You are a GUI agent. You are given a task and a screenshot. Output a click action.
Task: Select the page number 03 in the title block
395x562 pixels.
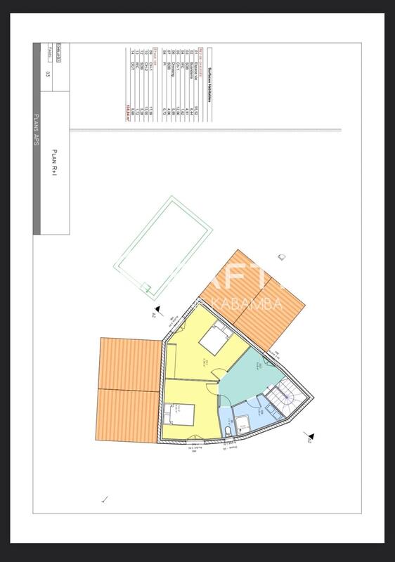(x=48, y=73)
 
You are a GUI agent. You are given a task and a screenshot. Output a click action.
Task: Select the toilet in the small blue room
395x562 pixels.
(x=229, y=429)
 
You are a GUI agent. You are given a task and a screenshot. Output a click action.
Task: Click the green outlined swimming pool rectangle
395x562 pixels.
(x=163, y=246)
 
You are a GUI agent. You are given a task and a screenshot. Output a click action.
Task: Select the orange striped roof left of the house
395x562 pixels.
(x=127, y=390)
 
